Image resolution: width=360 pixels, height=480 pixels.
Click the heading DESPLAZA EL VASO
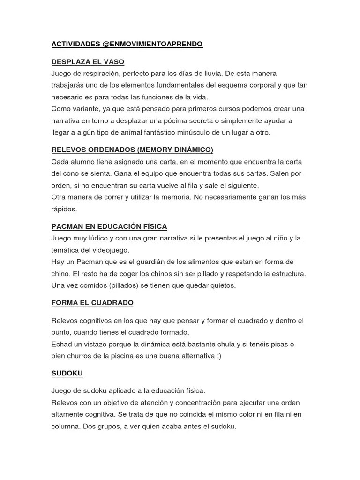(x=88, y=62)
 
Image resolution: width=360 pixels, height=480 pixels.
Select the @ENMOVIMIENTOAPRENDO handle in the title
(x=152, y=44)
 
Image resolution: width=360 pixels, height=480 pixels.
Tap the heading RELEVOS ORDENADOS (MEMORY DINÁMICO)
(x=132, y=150)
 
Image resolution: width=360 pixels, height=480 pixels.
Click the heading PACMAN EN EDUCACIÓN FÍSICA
(x=109, y=226)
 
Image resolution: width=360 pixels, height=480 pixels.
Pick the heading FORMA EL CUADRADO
(x=92, y=303)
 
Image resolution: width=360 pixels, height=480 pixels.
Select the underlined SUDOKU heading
(x=67, y=373)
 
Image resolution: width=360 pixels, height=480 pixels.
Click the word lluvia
(x=210, y=74)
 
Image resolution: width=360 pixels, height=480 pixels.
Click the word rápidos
(x=64, y=209)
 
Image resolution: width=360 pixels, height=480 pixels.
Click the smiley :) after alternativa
(x=219, y=356)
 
